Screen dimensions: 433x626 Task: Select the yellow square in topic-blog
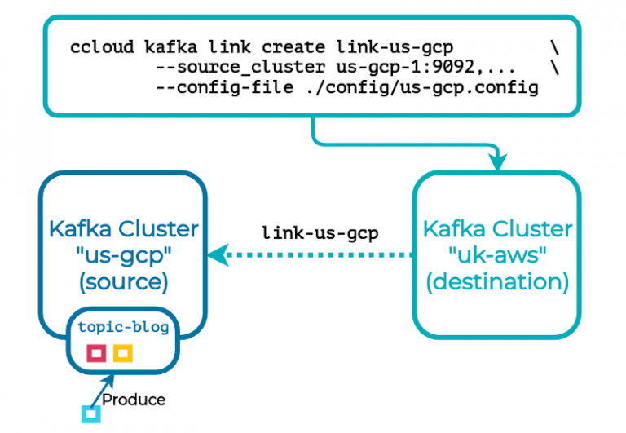point(123,353)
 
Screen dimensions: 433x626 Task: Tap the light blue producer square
point(90,415)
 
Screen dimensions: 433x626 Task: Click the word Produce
point(134,400)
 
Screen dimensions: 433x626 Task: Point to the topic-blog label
point(124,328)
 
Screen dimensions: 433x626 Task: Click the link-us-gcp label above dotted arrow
point(320,232)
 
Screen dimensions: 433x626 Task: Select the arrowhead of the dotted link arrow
point(216,256)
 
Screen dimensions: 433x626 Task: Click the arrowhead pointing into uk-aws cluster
point(497,163)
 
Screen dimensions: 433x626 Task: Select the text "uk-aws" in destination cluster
point(497,254)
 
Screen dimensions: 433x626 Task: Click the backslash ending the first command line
point(555,47)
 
